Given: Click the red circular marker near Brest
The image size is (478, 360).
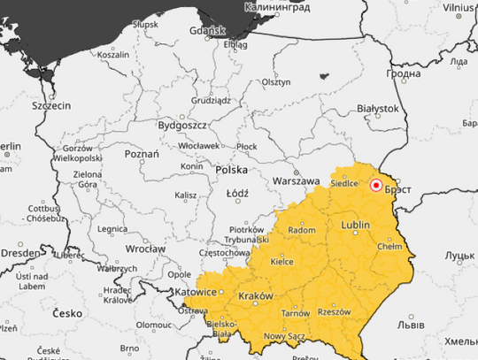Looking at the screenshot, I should tap(376, 185).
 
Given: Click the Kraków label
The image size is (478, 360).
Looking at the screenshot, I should tap(256, 295).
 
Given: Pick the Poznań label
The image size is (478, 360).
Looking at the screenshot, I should tap(142, 154).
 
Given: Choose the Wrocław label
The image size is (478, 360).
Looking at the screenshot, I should tap(145, 249).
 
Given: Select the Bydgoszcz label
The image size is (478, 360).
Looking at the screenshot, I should tap(182, 126).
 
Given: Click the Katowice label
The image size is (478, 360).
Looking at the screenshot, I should tap(194, 291).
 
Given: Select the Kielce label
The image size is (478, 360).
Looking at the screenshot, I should tap(282, 262).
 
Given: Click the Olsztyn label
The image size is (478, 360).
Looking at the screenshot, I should tap(276, 81).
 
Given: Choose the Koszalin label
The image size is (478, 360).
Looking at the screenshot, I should tap(112, 54).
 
